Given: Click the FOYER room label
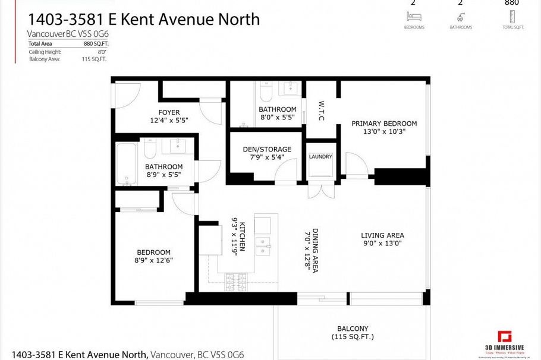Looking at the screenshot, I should click(169, 112).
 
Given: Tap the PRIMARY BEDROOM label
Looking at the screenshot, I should click(384, 124).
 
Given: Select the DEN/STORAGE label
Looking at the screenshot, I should click(267, 149).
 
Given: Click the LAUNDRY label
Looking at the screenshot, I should click(320, 157).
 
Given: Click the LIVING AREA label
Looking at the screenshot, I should click(383, 235).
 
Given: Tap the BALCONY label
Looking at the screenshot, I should click(353, 329).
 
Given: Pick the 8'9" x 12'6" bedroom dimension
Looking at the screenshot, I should click(153, 260).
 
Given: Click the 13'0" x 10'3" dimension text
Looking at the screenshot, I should click(384, 132).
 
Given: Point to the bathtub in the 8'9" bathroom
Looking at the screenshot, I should click(126, 163).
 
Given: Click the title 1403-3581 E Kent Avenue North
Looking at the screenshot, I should click(143, 19).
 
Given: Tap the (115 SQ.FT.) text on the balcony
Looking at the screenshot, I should click(353, 337).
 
